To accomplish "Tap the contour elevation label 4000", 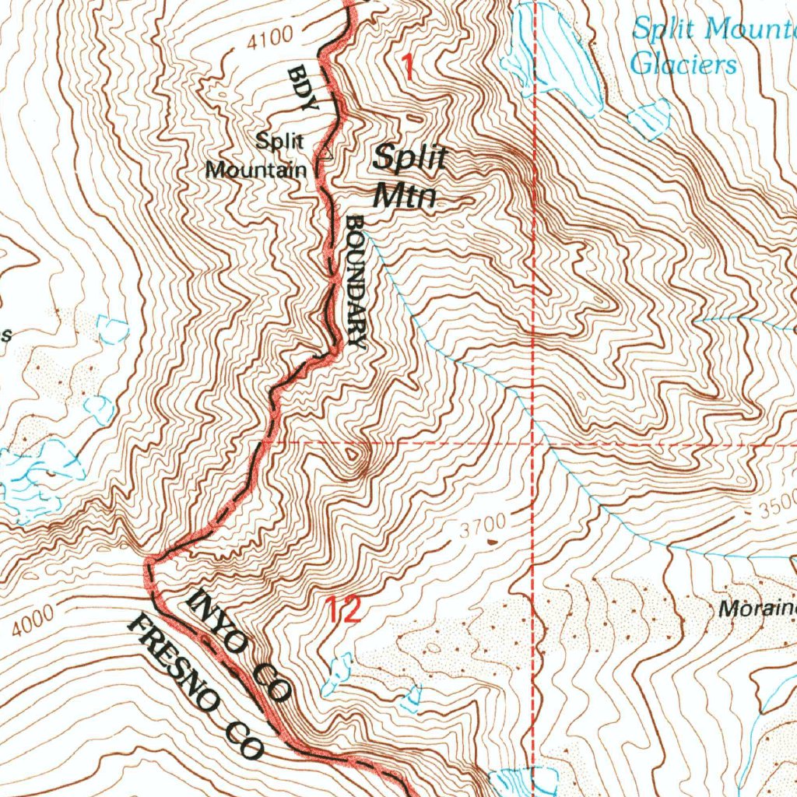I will coord(33,620).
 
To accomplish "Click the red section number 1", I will coord(406,68).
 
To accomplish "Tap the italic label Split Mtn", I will coord(408,176).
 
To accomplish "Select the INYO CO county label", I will coord(240,643).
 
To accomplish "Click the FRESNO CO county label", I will coord(196,685).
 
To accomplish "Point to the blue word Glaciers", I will coord(683,63).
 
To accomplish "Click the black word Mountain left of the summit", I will coord(255,169).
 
